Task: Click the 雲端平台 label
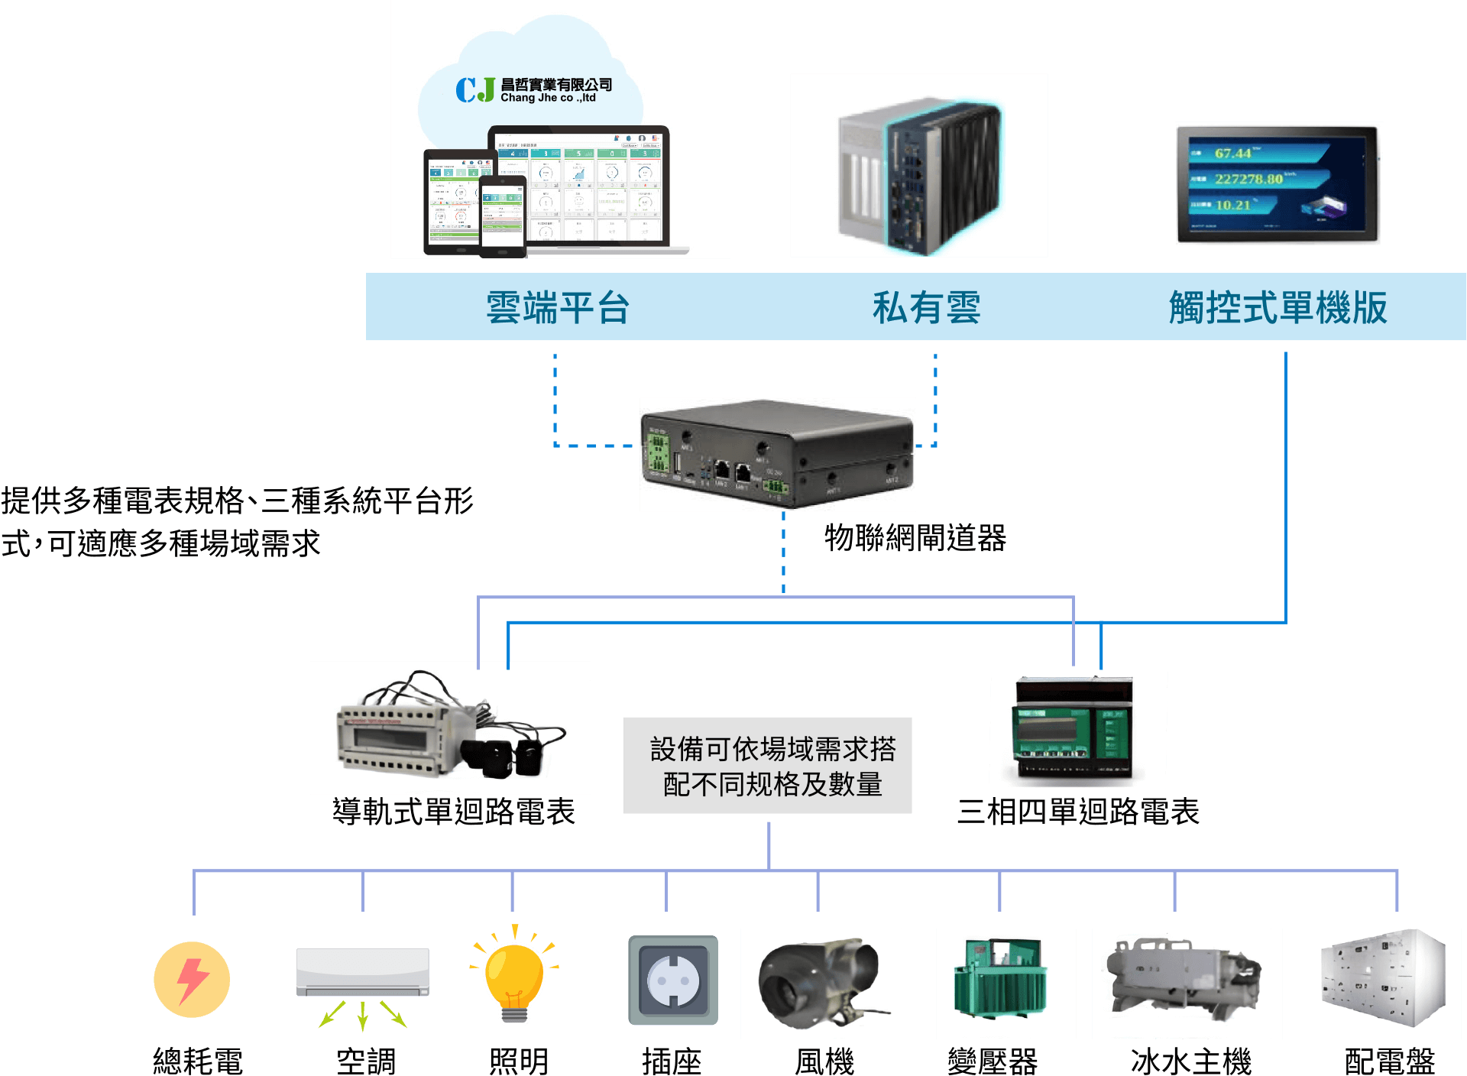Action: click(558, 308)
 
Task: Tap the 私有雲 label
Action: click(926, 308)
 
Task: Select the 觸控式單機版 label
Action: click(1278, 308)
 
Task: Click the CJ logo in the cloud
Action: click(475, 90)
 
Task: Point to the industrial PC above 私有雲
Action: click(919, 176)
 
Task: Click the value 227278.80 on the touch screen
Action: click(1248, 179)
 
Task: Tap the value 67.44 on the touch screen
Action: click(1233, 153)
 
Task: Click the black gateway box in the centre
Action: click(777, 454)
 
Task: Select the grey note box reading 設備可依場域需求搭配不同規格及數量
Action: click(768, 766)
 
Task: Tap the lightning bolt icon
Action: click(192, 980)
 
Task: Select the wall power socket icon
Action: click(673, 980)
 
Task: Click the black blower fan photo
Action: click(821, 984)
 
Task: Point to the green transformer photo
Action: click(1006, 984)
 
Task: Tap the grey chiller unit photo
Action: click(1181, 984)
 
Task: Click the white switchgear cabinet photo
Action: click(1371, 984)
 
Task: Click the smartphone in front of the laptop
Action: click(502, 217)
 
